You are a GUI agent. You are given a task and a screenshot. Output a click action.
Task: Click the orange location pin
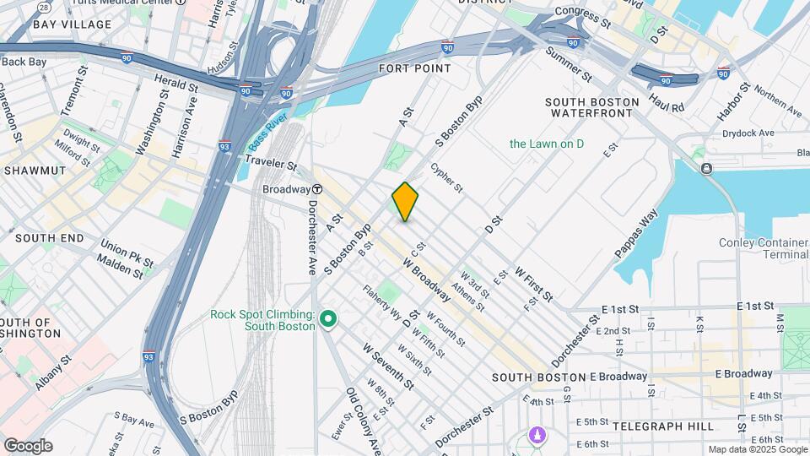coord(405,202)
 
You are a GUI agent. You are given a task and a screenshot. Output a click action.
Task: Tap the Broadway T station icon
coord(317,189)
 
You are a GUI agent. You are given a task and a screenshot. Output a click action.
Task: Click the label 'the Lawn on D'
coord(546,144)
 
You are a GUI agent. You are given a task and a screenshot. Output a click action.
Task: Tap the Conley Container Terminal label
coord(764,249)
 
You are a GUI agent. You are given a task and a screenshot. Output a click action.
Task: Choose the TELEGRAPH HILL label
coord(663,426)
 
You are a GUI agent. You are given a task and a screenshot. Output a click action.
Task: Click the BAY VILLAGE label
coord(72,24)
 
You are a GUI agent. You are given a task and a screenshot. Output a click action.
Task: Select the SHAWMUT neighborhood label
coord(35,171)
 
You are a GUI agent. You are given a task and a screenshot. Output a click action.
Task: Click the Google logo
coord(28,446)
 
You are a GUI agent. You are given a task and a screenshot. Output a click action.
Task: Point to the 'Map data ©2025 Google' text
coord(757,450)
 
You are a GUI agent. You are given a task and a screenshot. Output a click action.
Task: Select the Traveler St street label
coord(271,163)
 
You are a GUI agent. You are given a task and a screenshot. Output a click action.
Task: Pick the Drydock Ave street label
coord(748,133)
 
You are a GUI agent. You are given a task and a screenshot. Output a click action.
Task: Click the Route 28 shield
coord(43,7)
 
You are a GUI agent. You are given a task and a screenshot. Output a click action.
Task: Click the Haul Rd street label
coord(666,103)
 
